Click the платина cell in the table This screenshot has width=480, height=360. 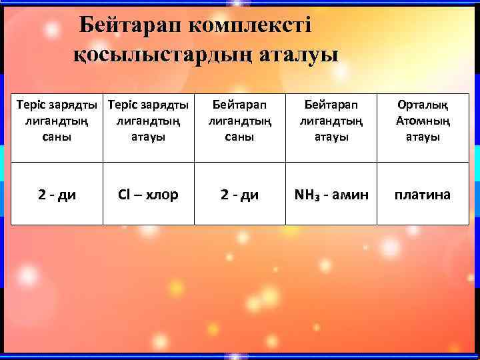[422, 195]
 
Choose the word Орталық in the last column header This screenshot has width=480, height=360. [422, 106]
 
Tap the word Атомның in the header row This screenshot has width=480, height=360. [422, 121]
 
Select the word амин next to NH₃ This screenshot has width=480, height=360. [353, 195]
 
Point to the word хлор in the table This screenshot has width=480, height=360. [161, 195]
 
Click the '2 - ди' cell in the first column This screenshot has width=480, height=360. [57, 195]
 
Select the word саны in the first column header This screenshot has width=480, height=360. [57, 137]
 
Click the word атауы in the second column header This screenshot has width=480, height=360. [148, 137]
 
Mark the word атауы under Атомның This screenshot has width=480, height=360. [422, 137]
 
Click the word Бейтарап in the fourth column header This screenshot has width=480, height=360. [331, 106]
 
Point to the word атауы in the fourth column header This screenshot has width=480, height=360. [331, 137]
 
